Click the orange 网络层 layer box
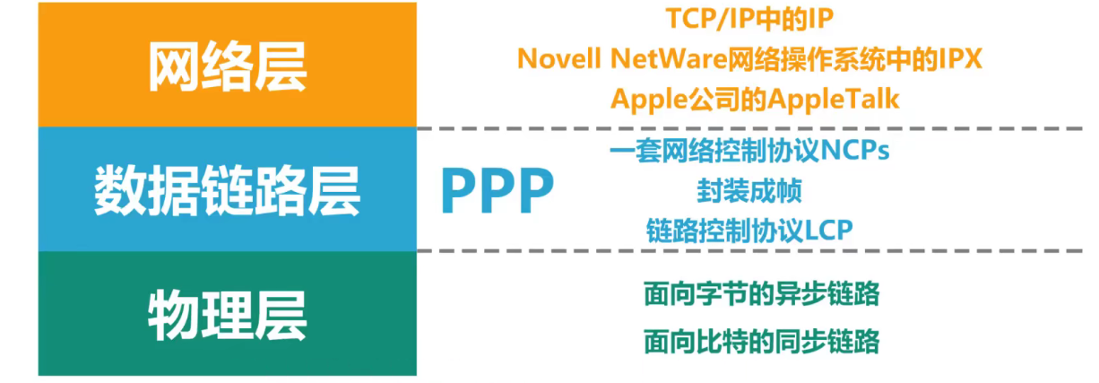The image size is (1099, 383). pos(227,65)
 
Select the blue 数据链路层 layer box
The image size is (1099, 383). pos(227,189)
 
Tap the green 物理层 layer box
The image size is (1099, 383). pos(227,313)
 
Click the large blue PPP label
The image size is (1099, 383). pos(498,190)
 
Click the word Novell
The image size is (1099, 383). pos(560,58)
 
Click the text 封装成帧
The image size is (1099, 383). pos(749,190)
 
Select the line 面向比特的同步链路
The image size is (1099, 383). pos(761,342)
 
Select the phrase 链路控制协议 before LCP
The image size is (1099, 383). pos(724,230)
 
